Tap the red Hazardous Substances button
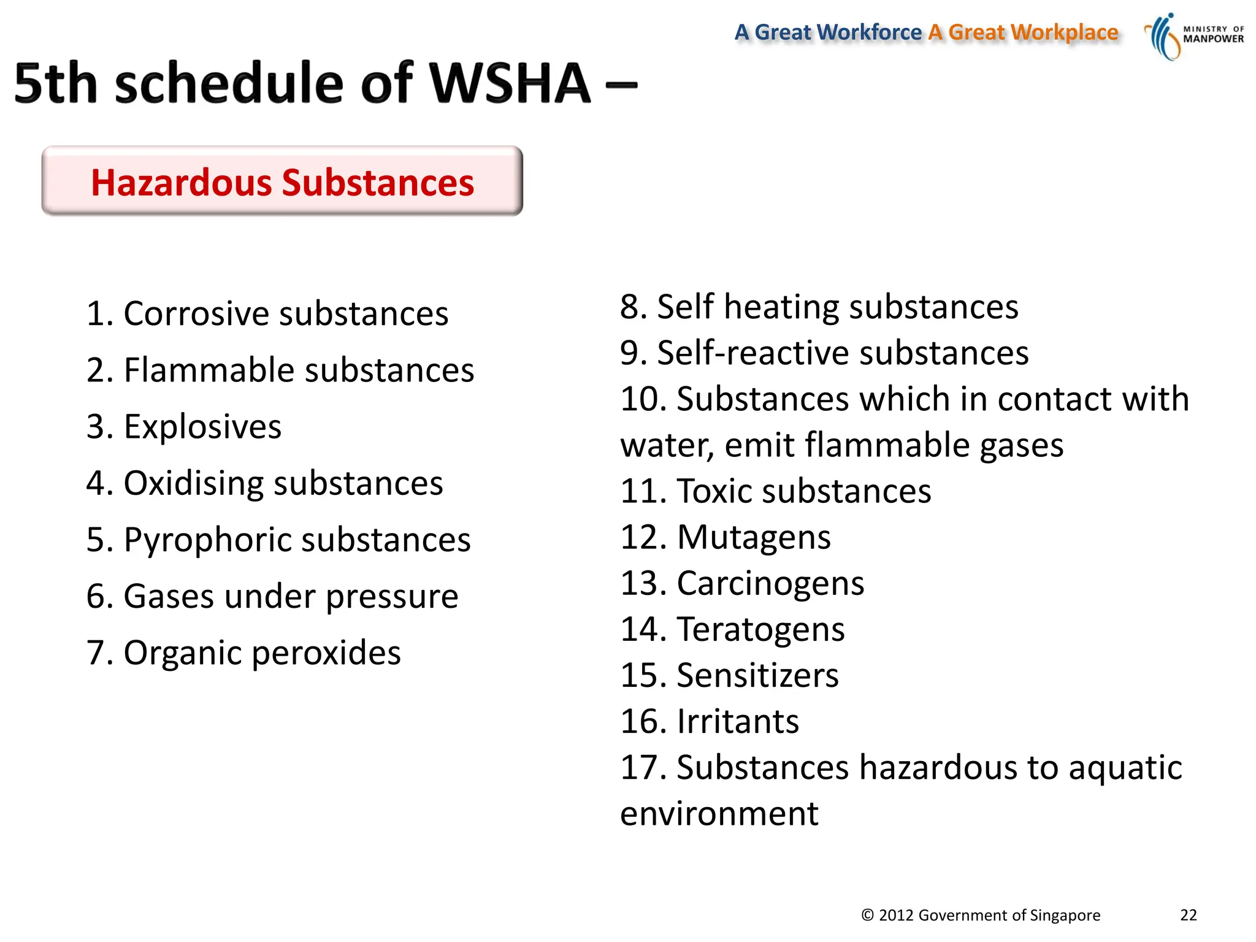[282, 182]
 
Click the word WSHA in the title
[509, 83]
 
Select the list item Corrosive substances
[267, 313]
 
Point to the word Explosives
[202, 426]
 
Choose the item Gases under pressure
[272, 596]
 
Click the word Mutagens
[754, 537]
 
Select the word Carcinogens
[770, 583]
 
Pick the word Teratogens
[760, 629]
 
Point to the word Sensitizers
[757, 675]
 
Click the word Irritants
[738, 721]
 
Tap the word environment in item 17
[719, 814]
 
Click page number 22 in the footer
[1188, 915]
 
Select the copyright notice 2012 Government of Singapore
[981, 915]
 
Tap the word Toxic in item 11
[712, 491]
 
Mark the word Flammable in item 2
[209, 370]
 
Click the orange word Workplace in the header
[1064, 32]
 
